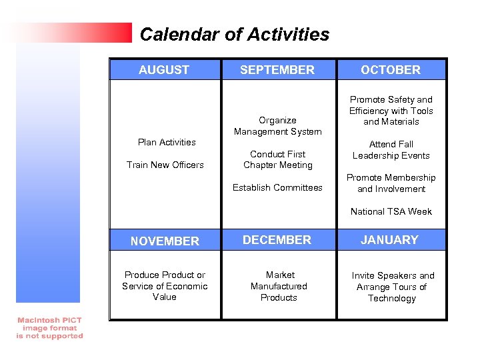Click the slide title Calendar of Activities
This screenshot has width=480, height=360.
234,35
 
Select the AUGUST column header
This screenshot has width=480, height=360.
164,70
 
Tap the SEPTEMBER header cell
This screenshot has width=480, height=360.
277,70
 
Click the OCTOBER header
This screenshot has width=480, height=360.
391,70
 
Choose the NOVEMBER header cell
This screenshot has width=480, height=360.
165,241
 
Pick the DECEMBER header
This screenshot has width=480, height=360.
277,240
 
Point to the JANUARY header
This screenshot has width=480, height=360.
390,240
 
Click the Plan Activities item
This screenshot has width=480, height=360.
167,142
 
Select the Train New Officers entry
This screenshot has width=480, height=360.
165,165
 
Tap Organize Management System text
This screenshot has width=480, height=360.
277,126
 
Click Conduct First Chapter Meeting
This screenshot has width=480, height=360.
277,159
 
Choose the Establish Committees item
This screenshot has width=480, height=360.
277,187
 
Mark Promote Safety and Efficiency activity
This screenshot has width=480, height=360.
391,111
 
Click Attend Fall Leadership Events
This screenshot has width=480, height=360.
391,149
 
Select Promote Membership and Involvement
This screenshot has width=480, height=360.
391,183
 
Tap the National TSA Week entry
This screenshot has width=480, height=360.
391,211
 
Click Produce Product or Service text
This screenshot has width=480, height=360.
165,286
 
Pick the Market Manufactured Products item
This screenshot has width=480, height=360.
279,286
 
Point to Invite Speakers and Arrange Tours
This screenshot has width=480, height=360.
392,287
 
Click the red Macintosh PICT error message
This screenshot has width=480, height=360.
50,328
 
